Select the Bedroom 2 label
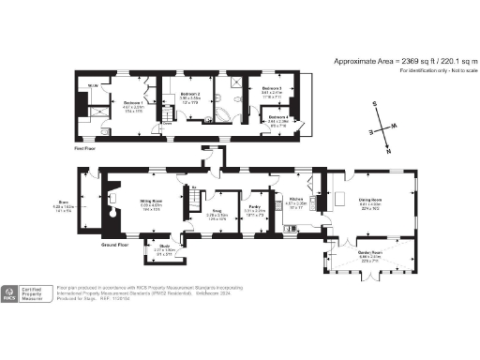[x=190, y=95]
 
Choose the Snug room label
[x=217, y=211]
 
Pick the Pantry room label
[x=254, y=208]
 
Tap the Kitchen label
[x=296, y=200]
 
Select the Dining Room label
[x=368, y=201]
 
